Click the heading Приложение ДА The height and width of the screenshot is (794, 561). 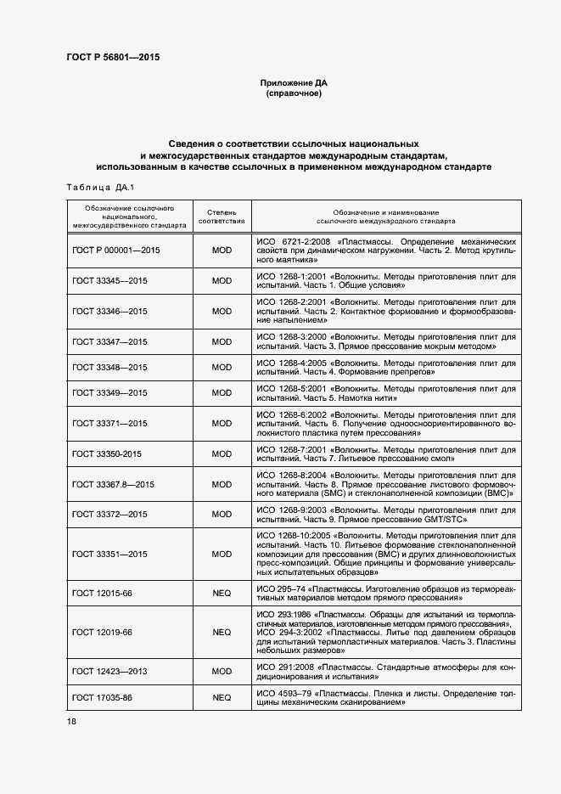tap(294, 83)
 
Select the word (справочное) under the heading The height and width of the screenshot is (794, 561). tap(294, 94)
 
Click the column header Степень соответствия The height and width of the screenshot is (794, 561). tap(222, 216)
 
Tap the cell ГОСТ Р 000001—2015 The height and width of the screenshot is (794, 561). tap(116, 251)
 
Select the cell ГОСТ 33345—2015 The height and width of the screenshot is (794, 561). tap(110, 280)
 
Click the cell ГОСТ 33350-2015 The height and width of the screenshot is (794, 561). tap(107, 454)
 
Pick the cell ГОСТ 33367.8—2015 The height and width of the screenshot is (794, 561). tap(114, 484)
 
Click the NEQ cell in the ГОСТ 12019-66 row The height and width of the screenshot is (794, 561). tap(222, 632)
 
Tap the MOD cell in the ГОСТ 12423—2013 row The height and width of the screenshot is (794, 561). tap(222, 671)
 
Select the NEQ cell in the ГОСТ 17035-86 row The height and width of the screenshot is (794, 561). tap(222, 697)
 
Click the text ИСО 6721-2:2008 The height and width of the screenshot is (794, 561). tap(293, 241)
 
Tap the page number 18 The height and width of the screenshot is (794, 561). tap(71, 721)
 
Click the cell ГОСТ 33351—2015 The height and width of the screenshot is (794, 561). tap(110, 554)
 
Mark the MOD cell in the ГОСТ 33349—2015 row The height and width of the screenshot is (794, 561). tap(222, 392)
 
